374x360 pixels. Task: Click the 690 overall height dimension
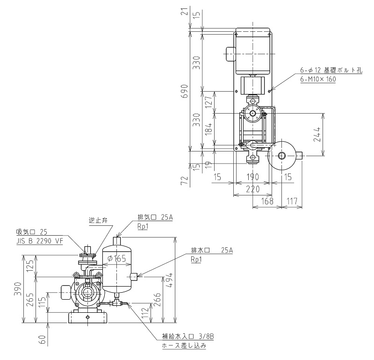[185, 91]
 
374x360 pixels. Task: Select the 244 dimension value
[317, 135]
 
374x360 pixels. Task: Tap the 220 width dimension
[252, 189]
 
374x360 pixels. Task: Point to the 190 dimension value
[252, 177]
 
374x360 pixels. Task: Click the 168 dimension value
[267, 202]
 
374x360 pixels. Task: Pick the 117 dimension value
[292, 202]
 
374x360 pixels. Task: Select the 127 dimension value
[209, 101]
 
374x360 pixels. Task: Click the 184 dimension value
[209, 129]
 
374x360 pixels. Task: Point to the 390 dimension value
[18, 289]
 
